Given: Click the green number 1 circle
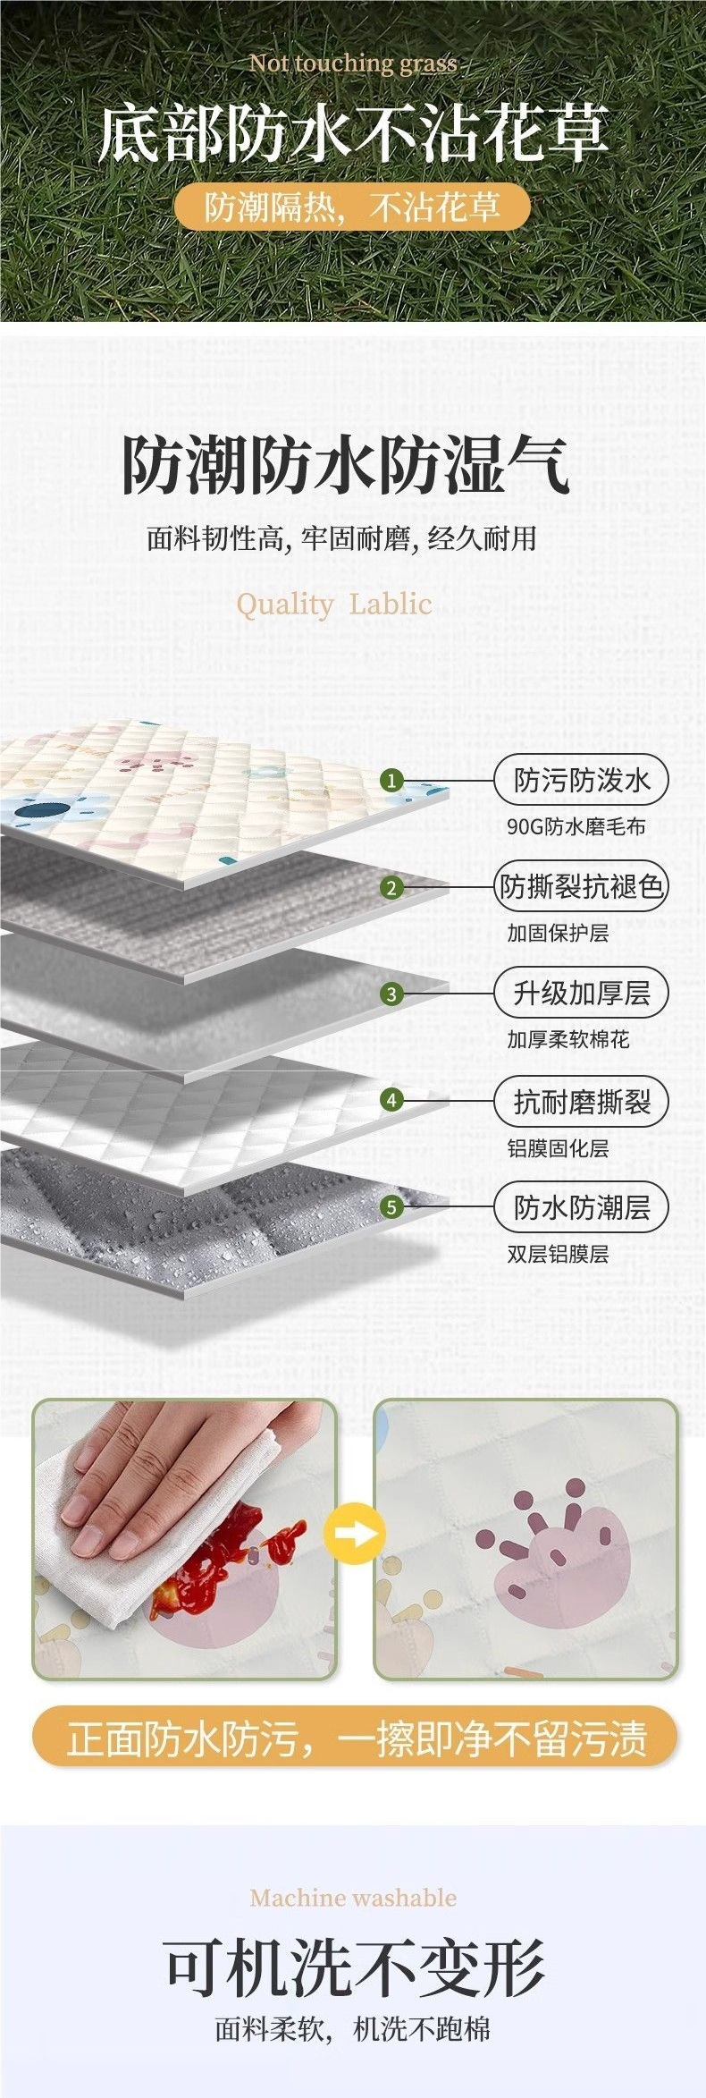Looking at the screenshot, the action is coord(391,780).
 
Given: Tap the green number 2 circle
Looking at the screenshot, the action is coord(391,888).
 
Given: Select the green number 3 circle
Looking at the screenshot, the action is coord(391,994).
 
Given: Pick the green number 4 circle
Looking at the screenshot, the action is coord(391,1101).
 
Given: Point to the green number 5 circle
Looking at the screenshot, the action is coord(391,1207).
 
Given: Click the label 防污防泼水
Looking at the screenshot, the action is coord(581,781).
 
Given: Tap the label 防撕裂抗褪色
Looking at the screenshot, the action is coord(581,887).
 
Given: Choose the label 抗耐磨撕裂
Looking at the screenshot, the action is coord(581,1102).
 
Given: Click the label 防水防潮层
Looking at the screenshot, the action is coord(581,1207).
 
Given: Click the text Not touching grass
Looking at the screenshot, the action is coord(353,63).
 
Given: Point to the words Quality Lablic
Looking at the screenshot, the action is coord(333,604).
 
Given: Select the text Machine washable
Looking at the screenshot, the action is coord(353,1898).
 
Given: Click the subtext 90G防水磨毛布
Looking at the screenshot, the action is coord(576,826).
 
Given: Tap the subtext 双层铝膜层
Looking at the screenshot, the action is coord(558,1254).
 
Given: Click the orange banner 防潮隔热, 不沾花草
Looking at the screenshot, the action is coord(352,207).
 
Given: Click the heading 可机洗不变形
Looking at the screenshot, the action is coord(354,1970).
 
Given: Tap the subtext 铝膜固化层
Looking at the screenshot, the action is coord(558,1148).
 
